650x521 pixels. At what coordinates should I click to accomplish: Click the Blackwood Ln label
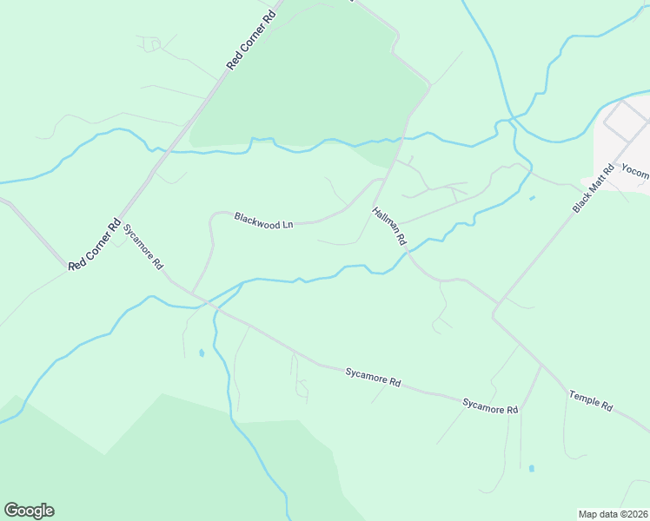[x=263, y=221]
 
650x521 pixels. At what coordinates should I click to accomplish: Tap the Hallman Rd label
[x=388, y=225]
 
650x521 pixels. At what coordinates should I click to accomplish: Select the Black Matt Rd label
[x=594, y=188]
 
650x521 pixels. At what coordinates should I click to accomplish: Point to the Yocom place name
[x=636, y=173]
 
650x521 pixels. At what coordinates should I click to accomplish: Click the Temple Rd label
[x=591, y=400]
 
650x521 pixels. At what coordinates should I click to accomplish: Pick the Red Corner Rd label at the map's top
[x=250, y=41]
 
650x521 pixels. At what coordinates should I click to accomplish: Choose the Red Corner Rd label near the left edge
[x=93, y=246]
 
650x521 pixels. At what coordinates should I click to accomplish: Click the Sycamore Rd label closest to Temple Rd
[x=490, y=405]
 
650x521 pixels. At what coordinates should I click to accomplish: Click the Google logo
[x=29, y=511]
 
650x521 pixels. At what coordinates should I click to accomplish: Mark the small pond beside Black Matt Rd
[x=531, y=199]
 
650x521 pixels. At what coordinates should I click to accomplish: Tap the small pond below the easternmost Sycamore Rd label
[x=531, y=469]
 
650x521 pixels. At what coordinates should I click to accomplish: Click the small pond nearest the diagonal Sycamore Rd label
[x=202, y=353]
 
